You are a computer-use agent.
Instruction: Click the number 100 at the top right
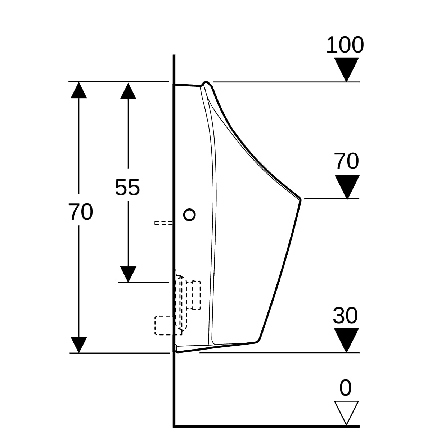(x=345, y=45)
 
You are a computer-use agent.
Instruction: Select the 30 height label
(x=345, y=315)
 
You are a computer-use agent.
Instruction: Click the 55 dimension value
(x=127, y=188)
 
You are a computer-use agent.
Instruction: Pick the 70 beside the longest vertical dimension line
(x=81, y=212)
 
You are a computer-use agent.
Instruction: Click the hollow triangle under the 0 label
(x=346, y=413)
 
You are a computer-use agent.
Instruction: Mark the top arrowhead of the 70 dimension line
(x=79, y=90)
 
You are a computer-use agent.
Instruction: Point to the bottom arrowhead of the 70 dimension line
(x=79, y=345)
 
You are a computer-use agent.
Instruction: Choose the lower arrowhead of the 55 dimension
(x=128, y=274)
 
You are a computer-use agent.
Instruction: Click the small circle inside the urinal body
(x=189, y=215)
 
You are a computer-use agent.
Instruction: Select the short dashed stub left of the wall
(x=163, y=223)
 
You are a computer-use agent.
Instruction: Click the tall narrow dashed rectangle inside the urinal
(x=196, y=295)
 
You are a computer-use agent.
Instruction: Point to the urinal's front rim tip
(x=300, y=199)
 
